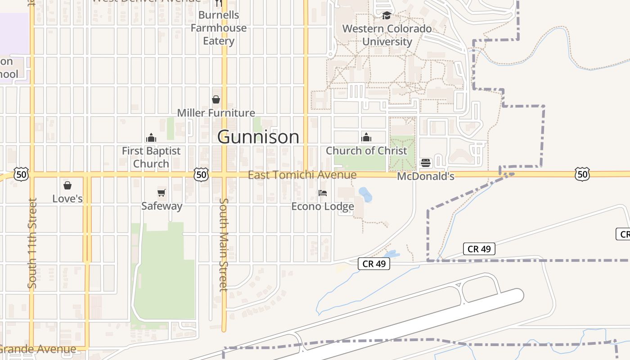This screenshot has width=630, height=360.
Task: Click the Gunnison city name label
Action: pyautogui.click(x=258, y=137)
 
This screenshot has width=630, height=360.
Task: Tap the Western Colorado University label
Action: pyautogui.click(x=387, y=35)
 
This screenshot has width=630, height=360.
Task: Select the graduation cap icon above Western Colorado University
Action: pyautogui.click(x=387, y=16)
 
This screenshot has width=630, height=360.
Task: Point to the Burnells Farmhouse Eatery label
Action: pyautogui.click(x=219, y=28)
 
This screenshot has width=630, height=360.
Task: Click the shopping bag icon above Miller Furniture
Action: pyautogui.click(x=216, y=99)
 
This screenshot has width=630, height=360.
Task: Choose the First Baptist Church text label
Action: pyautogui.click(x=151, y=157)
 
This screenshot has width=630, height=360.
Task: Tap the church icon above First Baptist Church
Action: pyautogui.click(x=151, y=137)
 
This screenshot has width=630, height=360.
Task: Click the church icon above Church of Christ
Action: pyautogui.click(x=366, y=137)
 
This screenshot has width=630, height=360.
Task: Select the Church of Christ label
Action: pyautogui.click(x=366, y=151)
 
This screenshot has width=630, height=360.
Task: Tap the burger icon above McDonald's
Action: pyautogui.click(x=426, y=163)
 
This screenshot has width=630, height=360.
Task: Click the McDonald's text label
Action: pyautogui.click(x=426, y=176)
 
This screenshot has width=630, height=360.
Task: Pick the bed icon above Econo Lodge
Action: pyautogui.click(x=323, y=193)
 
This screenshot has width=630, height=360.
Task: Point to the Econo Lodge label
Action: pyautogui.click(x=323, y=206)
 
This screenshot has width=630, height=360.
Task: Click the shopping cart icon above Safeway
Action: pyautogui.click(x=162, y=193)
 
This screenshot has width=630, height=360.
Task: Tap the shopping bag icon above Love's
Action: pyautogui.click(x=67, y=185)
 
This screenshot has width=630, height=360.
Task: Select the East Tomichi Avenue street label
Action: pyautogui.click(x=302, y=175)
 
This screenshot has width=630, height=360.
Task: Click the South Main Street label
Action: pyautogui.click(x=224, y=245)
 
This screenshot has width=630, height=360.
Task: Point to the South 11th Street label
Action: pyautogui.click(x=32, y=243)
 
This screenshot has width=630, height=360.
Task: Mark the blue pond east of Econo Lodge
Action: pyautogui.click(x=365, y=194)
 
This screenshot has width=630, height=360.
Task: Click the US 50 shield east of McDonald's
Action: pyautogui.click(x=582, y=174)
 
